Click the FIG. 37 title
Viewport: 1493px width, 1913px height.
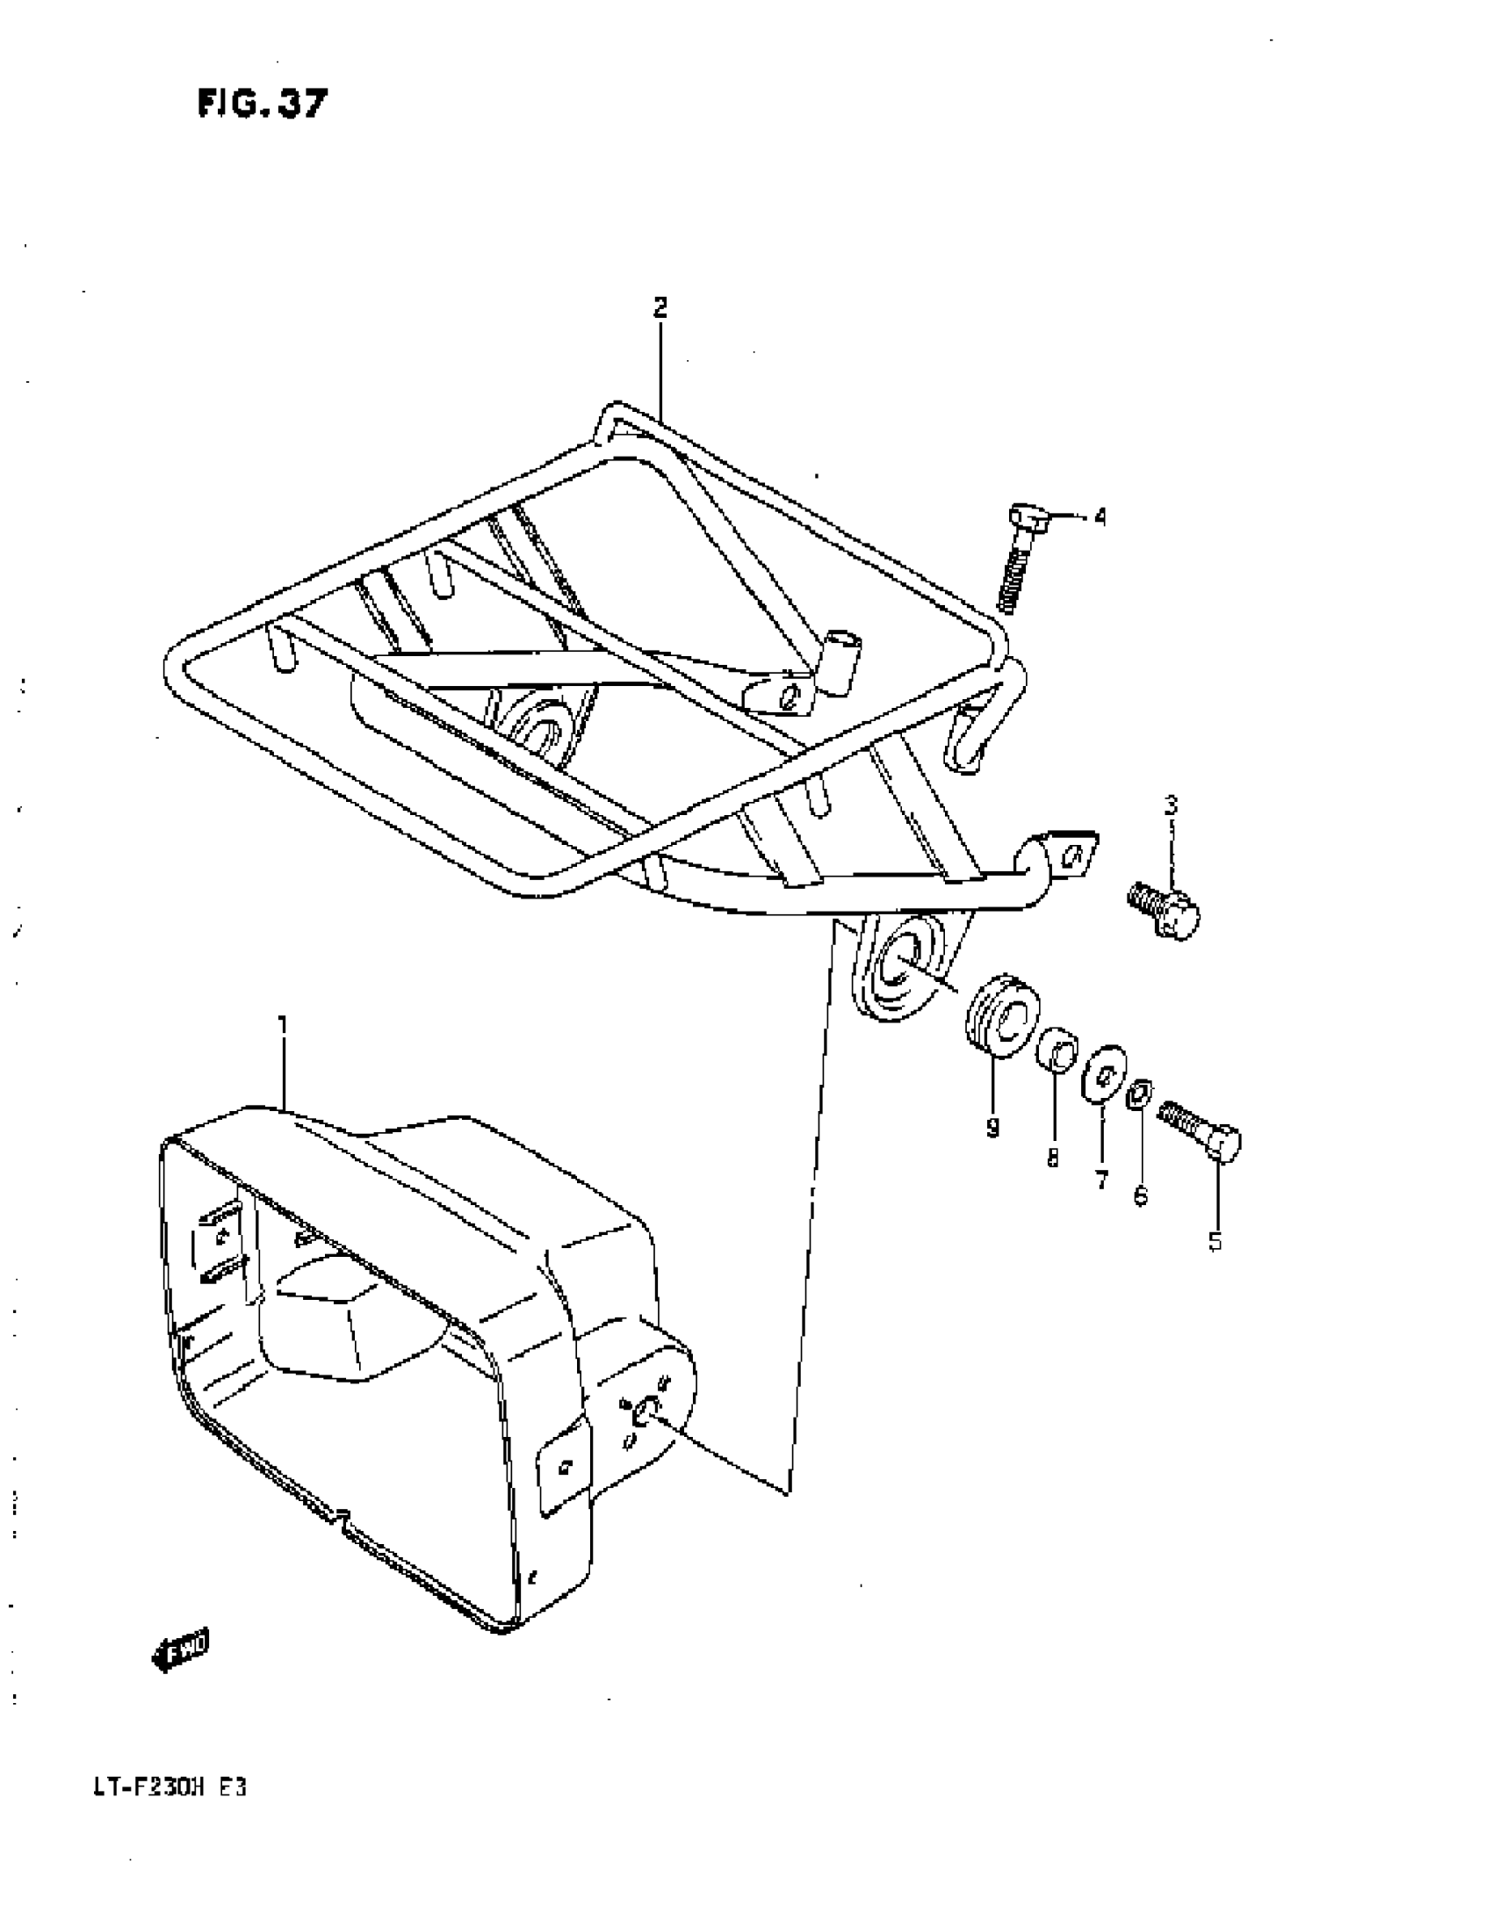click(262, 105)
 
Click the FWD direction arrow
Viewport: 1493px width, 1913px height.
click(182, 1650)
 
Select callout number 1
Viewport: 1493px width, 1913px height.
click(283, 1024)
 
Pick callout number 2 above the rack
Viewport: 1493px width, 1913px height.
click(660, 307)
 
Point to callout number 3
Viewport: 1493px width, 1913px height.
click(1171, 805)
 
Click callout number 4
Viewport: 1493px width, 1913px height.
click(1100, 516)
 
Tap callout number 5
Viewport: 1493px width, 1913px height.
click(1215, 1241)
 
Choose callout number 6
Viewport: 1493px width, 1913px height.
click(1140, 1195)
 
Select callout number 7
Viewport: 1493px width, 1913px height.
click(1102, 1180)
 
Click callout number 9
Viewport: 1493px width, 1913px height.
click(992, 1128)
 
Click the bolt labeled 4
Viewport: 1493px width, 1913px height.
click(1021, 559)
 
